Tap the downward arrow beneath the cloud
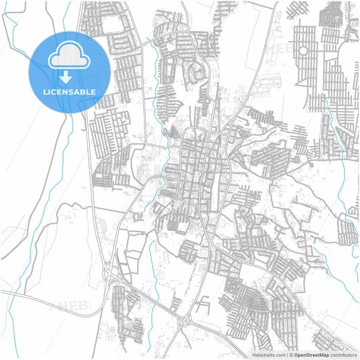click(68, 76)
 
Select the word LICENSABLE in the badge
click(68, 91)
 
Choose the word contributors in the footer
click(342, 354)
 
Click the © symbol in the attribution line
click(290, 354)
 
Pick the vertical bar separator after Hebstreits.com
click(285, 354)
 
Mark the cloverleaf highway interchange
click(112, 273)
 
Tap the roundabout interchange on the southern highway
click(184, 323)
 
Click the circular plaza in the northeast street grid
click(303, 50)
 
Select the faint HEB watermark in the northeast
click(280, 49)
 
